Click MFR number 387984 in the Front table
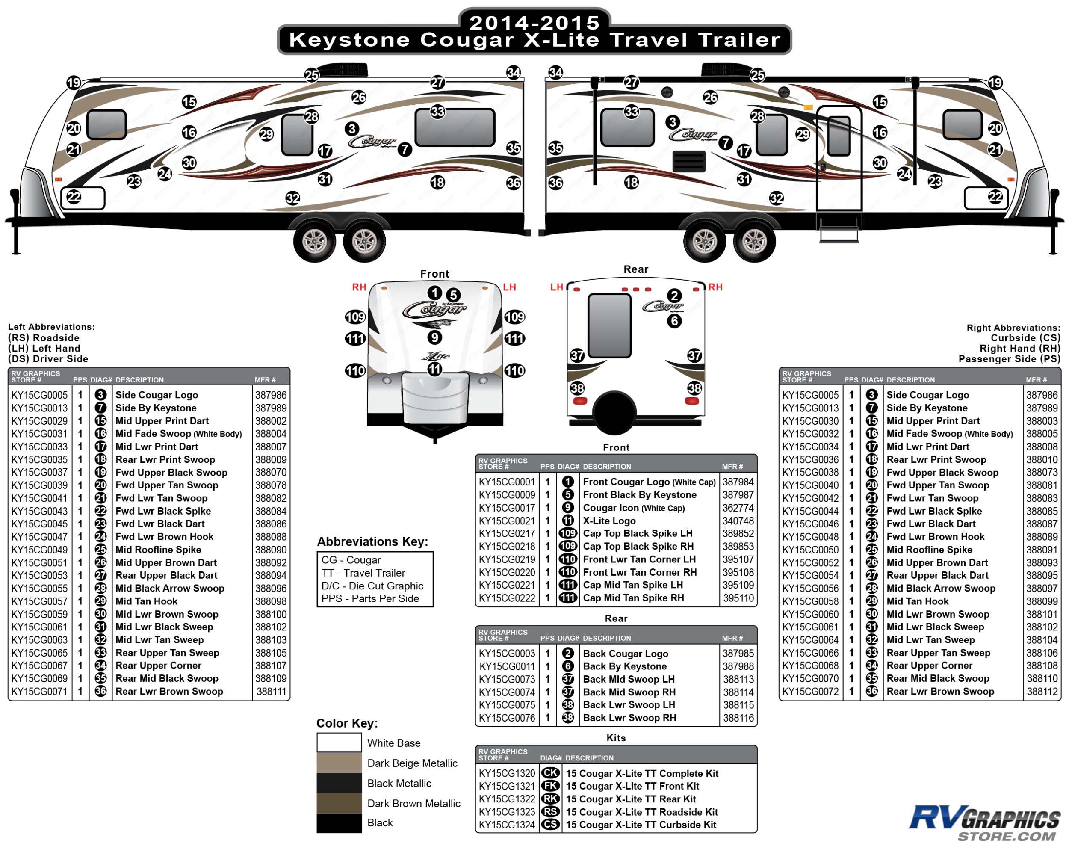click(x=738, y=482)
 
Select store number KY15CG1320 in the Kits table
click(x=507, y=774)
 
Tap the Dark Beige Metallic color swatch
click(x=339, y=763)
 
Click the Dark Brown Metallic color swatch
click(x=339, y=803)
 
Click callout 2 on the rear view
click(x=674, y=296)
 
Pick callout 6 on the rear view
click(x=674, y=321)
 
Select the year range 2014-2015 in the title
click(x=534, y=22)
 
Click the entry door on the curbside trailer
click(x=839, y=159)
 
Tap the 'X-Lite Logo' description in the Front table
click(x=609, y=521)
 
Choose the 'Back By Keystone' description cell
click(x=625, y=666)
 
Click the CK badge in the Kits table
click(x=550, y=774)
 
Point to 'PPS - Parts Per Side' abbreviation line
click(x=370, y=598)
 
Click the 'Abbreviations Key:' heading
click(x=372, y=541)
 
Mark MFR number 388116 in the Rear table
click(x=738, y=718)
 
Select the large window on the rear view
click(x=609, y=325)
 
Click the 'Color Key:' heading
click(x=347, y=723)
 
